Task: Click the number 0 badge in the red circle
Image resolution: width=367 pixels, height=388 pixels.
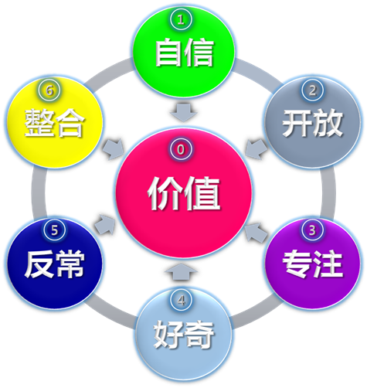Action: coord(181,149)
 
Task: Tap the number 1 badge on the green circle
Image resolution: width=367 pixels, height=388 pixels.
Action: coord(181,19)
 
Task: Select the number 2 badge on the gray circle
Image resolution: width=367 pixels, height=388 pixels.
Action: coord(312,90)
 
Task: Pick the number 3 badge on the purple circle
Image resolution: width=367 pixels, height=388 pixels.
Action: coord(312,230)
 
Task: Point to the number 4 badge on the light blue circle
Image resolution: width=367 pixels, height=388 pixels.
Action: coord(182,300)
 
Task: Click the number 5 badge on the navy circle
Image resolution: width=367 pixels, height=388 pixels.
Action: coord(55,230)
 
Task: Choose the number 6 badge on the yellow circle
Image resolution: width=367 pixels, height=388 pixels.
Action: coord(49,90)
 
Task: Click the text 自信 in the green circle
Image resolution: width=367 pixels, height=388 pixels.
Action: coord(185,53)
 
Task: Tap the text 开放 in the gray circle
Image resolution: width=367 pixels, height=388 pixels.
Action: coord(312,123)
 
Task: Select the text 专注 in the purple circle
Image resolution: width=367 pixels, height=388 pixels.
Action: coord(313,264)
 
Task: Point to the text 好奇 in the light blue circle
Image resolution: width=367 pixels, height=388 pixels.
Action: coord(184,335)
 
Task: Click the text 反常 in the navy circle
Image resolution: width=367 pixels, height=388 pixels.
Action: coord(55,264)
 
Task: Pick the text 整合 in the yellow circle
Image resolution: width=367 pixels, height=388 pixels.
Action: coord(55,123)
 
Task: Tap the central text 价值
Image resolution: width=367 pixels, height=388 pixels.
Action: coord(184,193)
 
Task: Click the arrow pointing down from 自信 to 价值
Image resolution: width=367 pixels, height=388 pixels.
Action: coord(183,113)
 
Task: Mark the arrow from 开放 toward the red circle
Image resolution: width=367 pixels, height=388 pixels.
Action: coord(256,149)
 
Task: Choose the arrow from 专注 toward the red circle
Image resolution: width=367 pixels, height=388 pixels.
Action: coord(256,232)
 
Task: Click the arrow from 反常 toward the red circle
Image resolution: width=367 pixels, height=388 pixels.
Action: coord(105,224)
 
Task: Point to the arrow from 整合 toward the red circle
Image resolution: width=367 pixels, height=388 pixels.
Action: coord(114,149)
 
